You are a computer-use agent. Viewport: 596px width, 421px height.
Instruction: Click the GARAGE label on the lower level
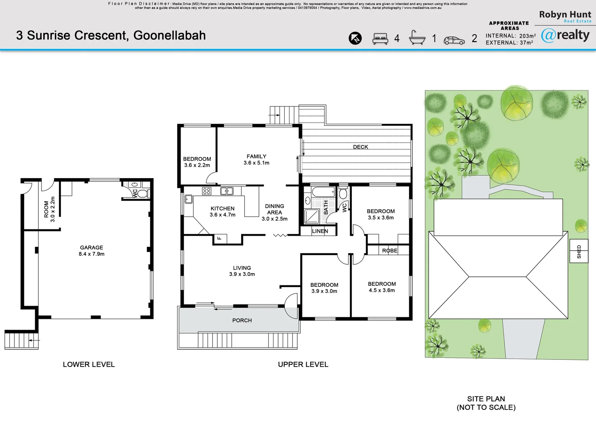pyautogui.click(x=91, y=248)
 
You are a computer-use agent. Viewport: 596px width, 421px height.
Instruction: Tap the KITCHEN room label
pyautogui.click(x=222, y=209)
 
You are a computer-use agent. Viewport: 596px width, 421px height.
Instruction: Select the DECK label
pyautogui.click(x=360, y=147)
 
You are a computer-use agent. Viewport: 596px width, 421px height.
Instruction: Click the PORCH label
pyautogui.click(x=242, y=320)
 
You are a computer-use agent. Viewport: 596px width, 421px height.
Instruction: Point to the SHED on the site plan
pyautogui.click(x=579, y=251)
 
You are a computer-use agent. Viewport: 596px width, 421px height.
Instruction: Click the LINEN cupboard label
pyautogui.click(x=320, y=231)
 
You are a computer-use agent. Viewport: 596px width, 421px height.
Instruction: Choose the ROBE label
pyautogui.click(x=390, y=251)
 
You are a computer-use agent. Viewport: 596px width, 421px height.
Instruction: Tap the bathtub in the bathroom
pyautogui.click(x=323, y=192)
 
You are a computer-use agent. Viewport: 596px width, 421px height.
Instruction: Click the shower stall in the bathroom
pyautogui.click(x=312, y=216)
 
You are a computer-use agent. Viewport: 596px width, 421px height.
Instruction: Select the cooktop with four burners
pyautogui.click(x=207, y=191)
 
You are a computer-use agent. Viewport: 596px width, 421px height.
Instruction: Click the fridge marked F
pyautogui.click(x=220, y=239)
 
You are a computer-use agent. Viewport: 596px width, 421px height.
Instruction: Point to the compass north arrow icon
pyautogui.click(x=355, y=38)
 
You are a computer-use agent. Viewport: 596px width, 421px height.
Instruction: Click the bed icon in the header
pyautogui.click(x=380, y=39)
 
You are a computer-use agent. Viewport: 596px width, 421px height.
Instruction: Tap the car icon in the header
pyautogui.click(x=454, y=40)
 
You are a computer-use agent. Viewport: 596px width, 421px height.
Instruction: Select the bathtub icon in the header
pyautogui.click(x=417, y=37)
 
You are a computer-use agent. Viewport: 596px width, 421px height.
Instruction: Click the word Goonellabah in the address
pyautogui.click(x=170, y=35)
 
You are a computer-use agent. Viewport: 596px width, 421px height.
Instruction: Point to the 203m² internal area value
pyautogui.click(x=527, y=35)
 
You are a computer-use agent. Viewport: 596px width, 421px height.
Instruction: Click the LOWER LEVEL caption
pyautogui.click(x=89, y=364)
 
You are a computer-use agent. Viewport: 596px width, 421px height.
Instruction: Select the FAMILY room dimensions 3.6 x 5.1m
pyautogui.click(x=257, y=163)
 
